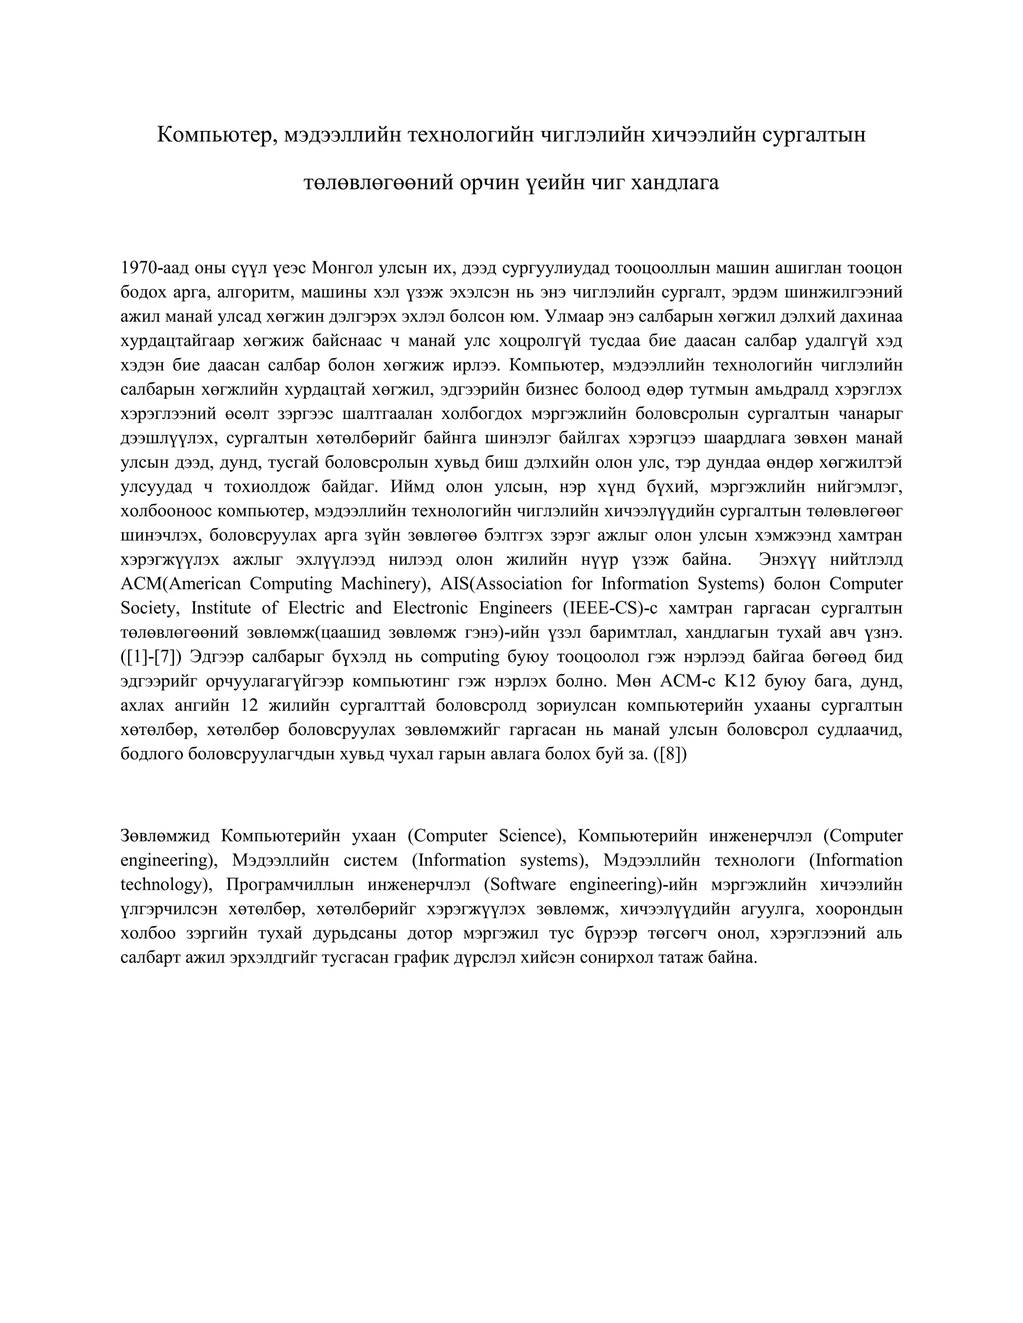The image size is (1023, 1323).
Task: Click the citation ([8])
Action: (x=670, y=755)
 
